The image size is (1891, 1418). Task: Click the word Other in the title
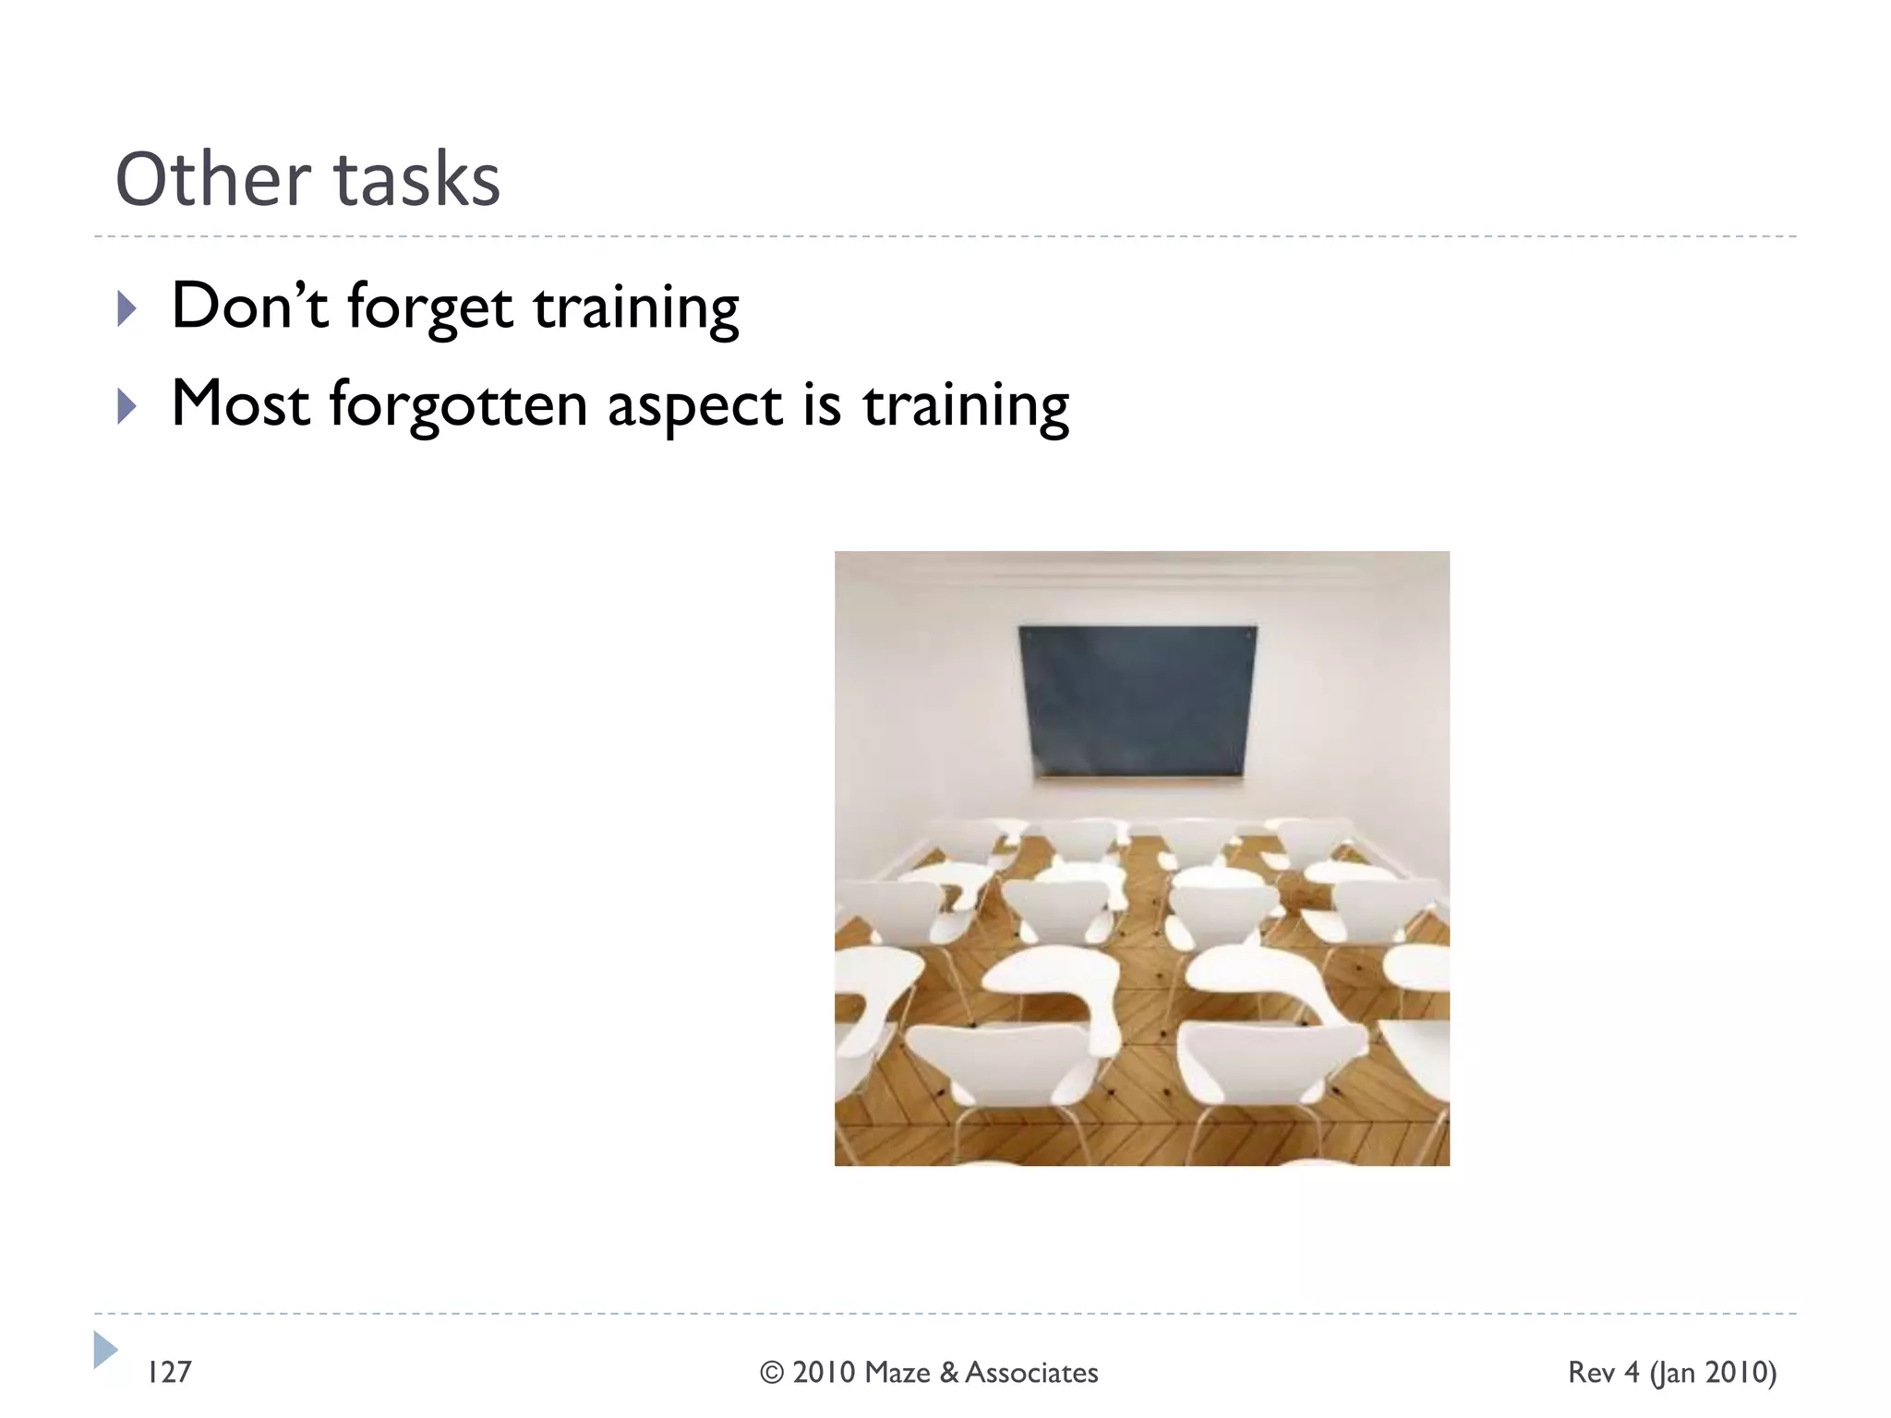click(212, 179)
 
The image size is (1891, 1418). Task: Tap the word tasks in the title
click(416, 179)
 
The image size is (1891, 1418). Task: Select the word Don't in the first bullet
click(249, 306)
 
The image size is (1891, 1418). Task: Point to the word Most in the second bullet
click(240, 404)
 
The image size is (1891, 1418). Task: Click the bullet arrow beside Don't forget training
click(127, 308)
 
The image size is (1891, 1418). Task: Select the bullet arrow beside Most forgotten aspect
click(127, 406)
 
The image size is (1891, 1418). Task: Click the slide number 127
click(170, 1373)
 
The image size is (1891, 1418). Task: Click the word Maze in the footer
click(897, 1373)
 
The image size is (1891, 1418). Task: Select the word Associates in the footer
click(1031, 1373)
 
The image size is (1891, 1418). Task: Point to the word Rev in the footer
click(1591, 1373)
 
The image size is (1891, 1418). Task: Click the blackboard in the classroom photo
click(1138, 702)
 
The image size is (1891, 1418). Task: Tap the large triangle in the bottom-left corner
click(105, 1350)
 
